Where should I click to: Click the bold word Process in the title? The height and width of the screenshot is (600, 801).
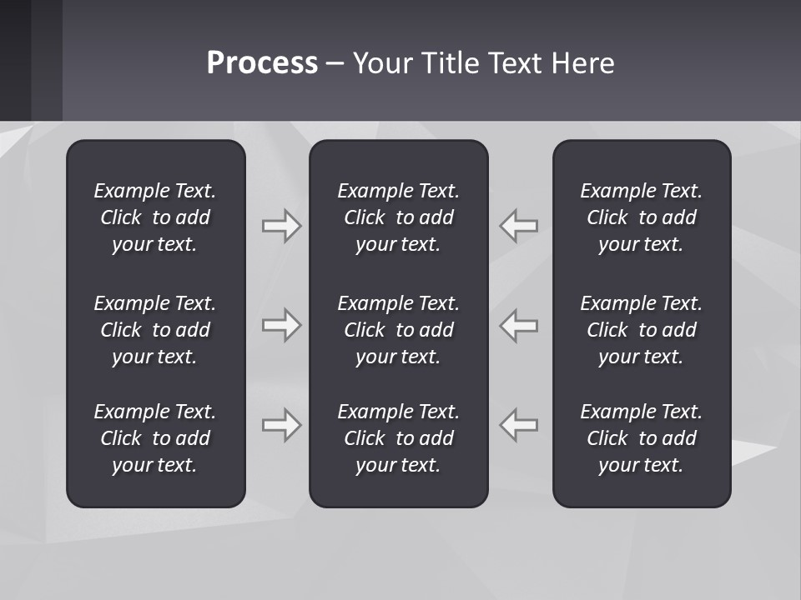262,63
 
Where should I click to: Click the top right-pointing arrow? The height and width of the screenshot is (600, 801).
281,226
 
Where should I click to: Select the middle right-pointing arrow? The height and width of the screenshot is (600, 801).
281,325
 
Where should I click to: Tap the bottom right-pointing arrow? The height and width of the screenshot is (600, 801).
281,424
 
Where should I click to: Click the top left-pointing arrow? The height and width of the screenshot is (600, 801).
519,226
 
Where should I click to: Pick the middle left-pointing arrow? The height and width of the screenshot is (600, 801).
519,325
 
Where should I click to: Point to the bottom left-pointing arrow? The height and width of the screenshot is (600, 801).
519,424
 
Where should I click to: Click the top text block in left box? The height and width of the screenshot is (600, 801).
155,217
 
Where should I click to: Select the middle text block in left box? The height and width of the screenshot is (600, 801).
155,330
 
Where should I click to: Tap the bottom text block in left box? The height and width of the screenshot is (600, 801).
155,438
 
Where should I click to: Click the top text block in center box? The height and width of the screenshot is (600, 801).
398,217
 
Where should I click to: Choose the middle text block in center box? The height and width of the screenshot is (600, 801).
398,330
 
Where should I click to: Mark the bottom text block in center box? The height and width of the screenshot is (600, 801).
398,438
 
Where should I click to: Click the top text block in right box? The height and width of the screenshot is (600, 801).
641,217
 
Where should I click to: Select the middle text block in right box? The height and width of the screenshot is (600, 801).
641,330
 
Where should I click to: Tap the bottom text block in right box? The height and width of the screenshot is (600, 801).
641,438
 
